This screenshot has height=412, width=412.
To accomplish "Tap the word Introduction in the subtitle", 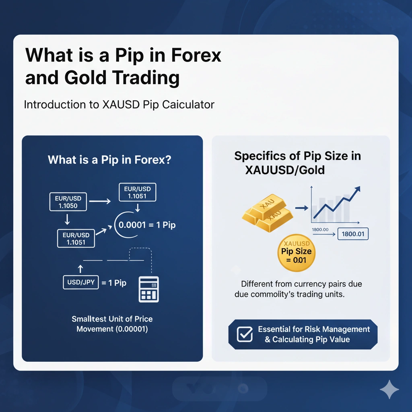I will [x=51, y=105].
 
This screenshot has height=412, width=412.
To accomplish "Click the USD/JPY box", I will [x=81, y=282].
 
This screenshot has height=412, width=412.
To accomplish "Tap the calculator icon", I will [x=148, y=289].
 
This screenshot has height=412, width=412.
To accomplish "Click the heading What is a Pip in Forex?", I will [x=109, y=160].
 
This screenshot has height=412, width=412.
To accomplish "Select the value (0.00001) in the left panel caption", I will [x=132, y=329].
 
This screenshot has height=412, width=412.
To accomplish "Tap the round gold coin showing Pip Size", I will [x=297, y=253].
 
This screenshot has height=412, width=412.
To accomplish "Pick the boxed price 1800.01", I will [x=352, y=234].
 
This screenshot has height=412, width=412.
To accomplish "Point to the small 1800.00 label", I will [x=320, y=229].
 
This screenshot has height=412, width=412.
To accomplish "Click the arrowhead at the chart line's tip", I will [x=357, y=190].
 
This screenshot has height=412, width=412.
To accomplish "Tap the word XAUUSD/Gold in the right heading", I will [x=284, y=170].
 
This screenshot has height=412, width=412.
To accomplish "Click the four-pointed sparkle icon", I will [x=389, y=389].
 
